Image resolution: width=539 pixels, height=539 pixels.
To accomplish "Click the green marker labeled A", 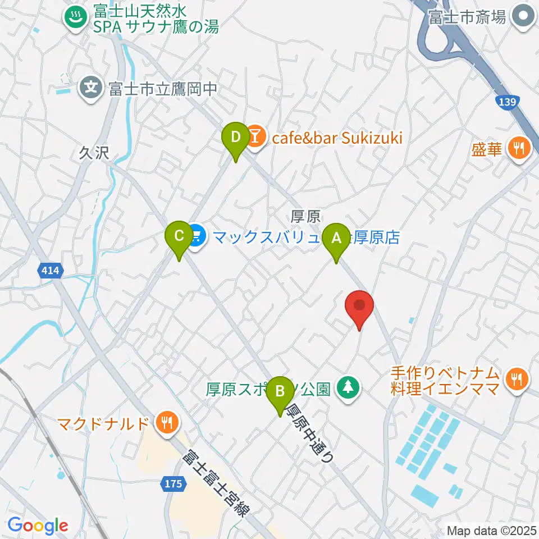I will pyautogui.click(x=337, y=237).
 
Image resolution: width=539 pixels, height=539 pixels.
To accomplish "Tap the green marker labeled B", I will pyautogui.click(x=280, y=389).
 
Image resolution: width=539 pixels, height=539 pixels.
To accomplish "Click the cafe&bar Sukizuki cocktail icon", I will pyautogui.click(x=255, y=138).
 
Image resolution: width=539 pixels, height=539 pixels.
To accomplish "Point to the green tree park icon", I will pyautogui.click(x=348, y=388).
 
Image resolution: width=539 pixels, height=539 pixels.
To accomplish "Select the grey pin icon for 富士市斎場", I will pyautogui.click(x=524, y=17).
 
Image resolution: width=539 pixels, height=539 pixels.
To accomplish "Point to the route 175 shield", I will pyautogui.click(x=174, y=483).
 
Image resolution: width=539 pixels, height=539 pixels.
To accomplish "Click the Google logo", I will pyautogui.click(x=38, y=526).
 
